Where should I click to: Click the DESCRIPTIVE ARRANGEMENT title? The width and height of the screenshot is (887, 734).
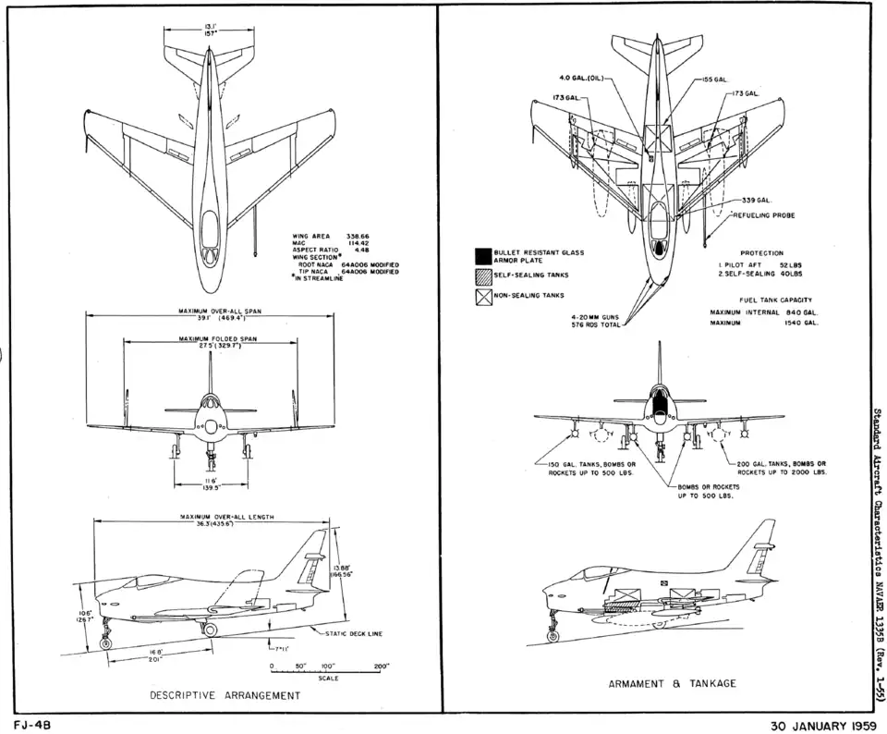(225, 695)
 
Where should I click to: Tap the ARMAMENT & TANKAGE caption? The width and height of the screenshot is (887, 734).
(672, 684)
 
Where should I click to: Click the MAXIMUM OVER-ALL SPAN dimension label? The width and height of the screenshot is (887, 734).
(224, 312)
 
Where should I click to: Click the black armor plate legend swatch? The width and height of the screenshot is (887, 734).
(481, 256)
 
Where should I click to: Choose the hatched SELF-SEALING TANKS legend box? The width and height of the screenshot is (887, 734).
(481, 275)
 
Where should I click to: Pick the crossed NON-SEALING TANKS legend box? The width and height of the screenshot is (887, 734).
(481, 296)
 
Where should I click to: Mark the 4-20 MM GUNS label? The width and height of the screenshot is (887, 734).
(599, 317)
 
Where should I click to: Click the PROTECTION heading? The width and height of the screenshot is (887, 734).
(762, 253)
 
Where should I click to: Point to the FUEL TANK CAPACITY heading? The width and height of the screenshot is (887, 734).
(775, 300)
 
